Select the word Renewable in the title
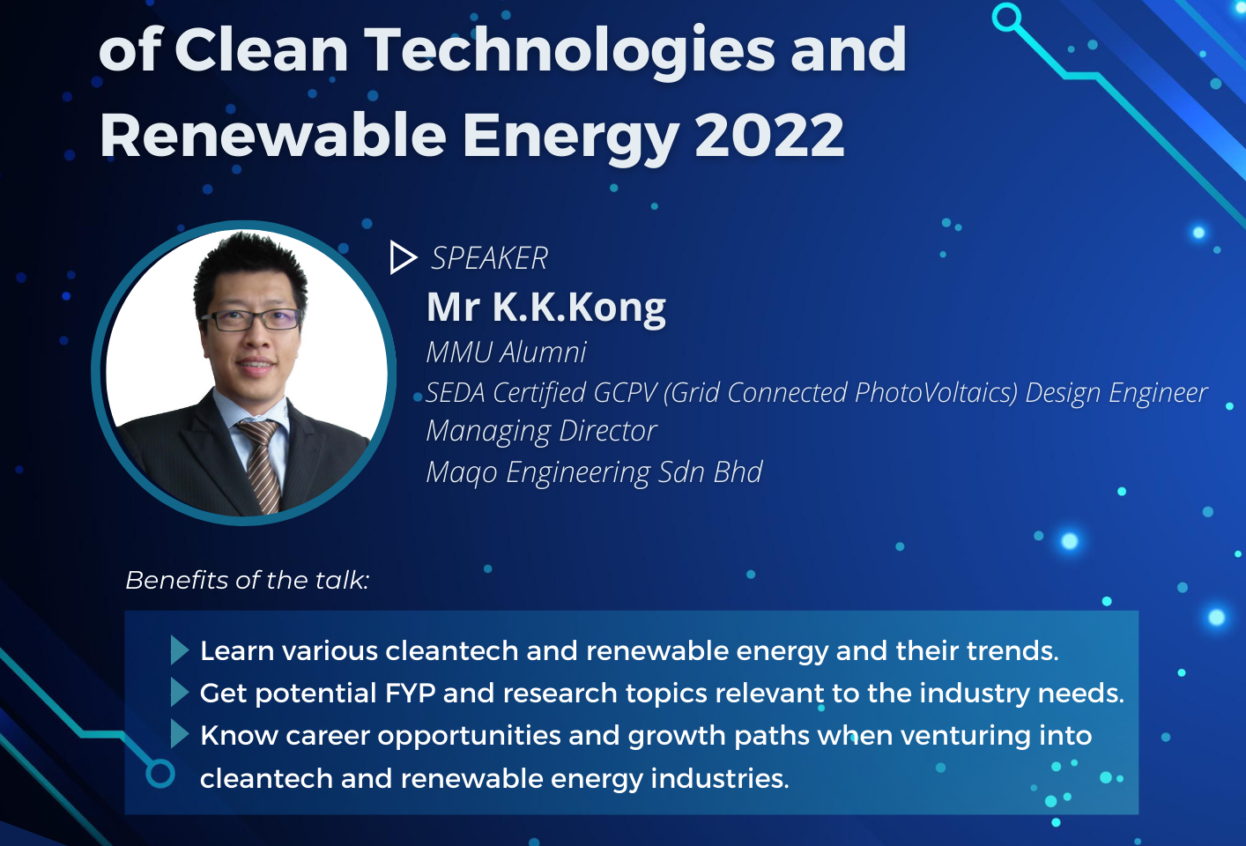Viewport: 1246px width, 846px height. (x=272, y=135)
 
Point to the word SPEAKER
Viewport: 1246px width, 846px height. (x=490, y=258)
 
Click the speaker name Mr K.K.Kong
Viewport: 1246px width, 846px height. (x=545, y=308)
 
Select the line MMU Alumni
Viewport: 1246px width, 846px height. (x=506, y=352)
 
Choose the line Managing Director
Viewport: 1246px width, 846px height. (x=541, y=431)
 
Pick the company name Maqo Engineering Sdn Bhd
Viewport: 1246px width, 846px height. (x=594, y=472)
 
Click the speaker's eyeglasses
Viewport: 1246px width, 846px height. (x=251, y=320)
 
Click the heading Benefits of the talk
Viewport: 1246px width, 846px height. (x=248, y=580)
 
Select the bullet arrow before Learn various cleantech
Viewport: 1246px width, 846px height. (x=180, y=650)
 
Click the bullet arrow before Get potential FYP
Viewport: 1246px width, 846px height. (x=180, y=693)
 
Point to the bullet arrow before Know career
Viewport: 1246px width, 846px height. (x=180, y=734)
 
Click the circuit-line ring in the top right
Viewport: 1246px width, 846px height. (x=1007, y=18)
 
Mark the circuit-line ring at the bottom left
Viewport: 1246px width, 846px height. (x=160, y=774)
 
